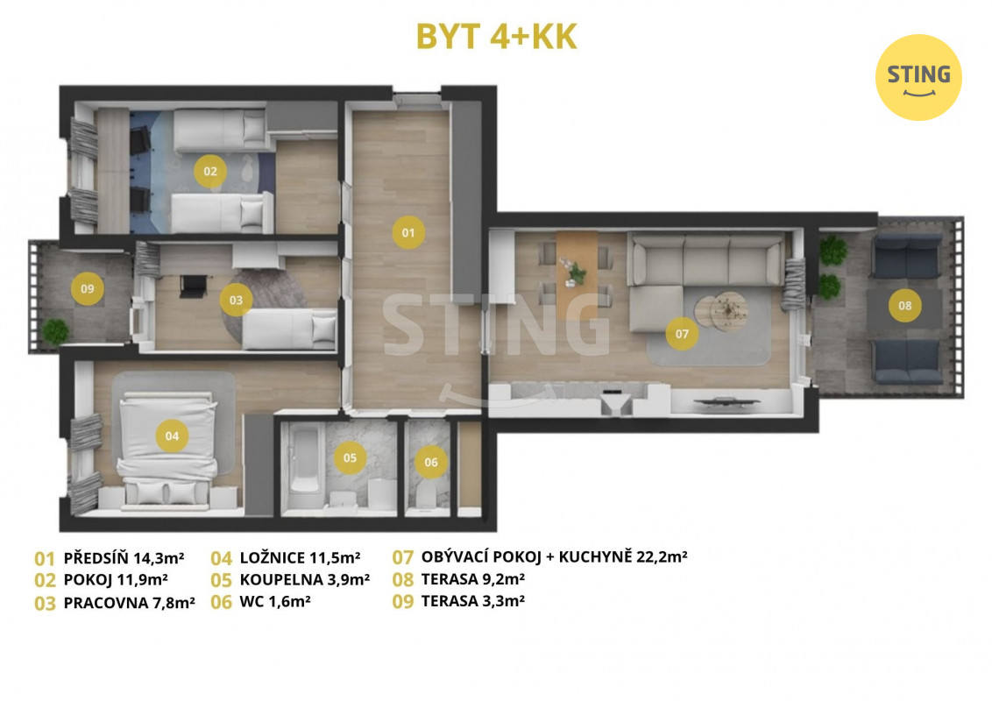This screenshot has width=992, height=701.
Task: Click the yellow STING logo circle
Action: (918, 77)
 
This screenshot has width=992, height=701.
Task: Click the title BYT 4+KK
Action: (497, 37)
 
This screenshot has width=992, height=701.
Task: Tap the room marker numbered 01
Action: (408, 232)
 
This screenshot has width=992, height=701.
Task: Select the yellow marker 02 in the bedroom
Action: (210, 171)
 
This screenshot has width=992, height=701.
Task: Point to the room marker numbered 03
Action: (236, 300)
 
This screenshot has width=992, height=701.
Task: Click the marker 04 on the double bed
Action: (172, 435)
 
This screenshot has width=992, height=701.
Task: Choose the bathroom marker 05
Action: (350, 457)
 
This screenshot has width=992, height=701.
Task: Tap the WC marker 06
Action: (431, 462)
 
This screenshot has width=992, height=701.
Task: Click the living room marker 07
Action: (682, 334)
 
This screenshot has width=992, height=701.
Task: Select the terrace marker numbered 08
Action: (905, 306)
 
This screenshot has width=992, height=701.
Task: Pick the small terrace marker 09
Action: (88, 288)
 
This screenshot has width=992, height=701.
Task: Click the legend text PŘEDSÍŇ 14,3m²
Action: (124, 558)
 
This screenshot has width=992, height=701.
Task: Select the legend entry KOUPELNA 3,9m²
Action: (305, 579)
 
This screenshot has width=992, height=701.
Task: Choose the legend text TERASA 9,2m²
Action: (473, 579)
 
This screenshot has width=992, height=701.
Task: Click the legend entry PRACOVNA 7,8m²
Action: (129, 602)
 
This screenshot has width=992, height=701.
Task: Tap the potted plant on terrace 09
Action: (55, 331)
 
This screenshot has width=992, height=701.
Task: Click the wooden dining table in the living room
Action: (577, 266)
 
